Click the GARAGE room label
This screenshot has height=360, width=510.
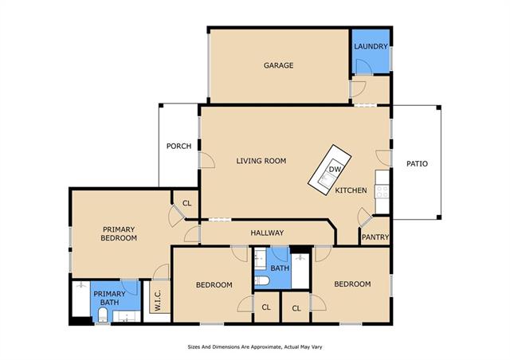point(278,65)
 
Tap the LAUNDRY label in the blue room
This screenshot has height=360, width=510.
point(371,46)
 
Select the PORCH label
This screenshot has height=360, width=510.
point(178,147)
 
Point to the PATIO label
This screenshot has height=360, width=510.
point(417,163)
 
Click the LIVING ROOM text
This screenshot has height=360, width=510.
point(261,161)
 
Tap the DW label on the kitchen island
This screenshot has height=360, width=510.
point(335,169)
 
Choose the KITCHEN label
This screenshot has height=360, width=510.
point(351,190)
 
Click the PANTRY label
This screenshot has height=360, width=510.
point(375,237)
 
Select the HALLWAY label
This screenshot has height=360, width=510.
point(267,233)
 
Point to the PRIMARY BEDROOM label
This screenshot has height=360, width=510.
point(119,234)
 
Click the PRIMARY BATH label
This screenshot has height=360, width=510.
point(110,298)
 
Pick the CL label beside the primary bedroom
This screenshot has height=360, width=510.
point(186,204)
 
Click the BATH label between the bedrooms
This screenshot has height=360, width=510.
point(280,268)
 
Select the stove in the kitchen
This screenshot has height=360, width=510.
point(382,191)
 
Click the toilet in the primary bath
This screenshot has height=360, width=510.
point(103,315)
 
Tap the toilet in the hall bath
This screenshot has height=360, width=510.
point(261,280)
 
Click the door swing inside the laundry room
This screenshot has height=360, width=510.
point(364,68)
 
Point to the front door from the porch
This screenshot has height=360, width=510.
point(207,160)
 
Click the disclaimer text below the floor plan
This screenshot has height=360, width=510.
point(255,347)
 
